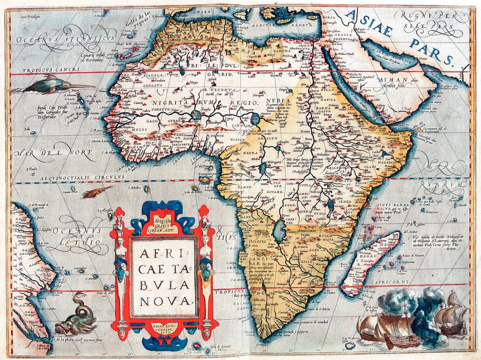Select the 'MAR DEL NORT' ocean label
(x=53, y=154)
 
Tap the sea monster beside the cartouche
(x=77, y=317)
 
